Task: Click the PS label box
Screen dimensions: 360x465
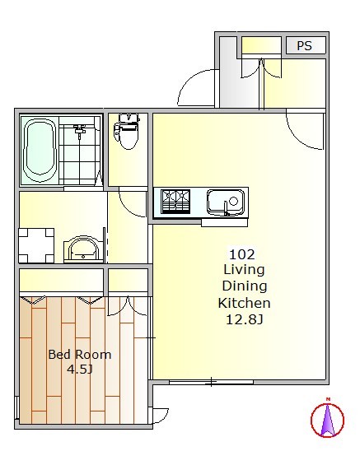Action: (x=306, y=45)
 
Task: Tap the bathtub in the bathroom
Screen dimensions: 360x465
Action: (x=40, y=151)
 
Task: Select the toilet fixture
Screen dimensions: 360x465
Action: (x=128, y=131)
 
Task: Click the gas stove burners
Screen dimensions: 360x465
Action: (x=175, y=202)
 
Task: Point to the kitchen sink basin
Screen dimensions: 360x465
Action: (x=226, y=202)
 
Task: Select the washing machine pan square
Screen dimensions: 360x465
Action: (x=36, y=245)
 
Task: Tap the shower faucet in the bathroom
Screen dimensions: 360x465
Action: (x=79, y=131)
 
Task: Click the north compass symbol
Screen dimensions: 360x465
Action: (x=327, y=420)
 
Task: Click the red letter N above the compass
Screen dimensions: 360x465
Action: (x=328, y=399)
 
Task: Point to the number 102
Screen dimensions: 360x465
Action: (x=242, y=254)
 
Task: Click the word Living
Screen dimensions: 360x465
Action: (x=244, y=270)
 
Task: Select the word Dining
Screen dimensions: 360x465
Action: (x=245, y=286)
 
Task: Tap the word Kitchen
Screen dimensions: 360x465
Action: (x=244, y=303)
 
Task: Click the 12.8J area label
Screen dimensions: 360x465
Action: (x=244, y=319)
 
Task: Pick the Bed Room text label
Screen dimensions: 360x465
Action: (x=80, y=355)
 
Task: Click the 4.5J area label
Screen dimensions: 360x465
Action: (x=80, y=370)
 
